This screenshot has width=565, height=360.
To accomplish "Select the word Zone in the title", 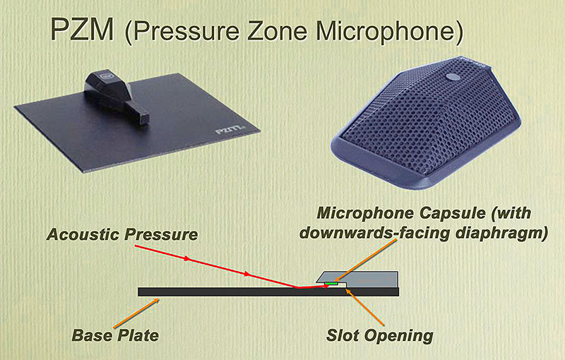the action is point(277,31).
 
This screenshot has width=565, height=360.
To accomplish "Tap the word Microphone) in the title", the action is point(389,32).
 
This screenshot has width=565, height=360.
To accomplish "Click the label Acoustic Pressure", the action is point(122,235).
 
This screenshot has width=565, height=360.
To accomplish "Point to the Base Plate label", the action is point(115,335).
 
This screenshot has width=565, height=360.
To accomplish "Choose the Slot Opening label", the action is point(379,335).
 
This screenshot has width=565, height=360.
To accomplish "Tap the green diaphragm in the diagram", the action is point(331,284).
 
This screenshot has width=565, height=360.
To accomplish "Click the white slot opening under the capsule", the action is point(336,285).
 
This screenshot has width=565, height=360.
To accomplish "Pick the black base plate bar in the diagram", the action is point(268,292).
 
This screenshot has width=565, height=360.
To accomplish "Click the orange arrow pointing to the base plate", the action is point(136,313).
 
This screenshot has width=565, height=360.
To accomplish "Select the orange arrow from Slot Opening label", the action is point(365,307).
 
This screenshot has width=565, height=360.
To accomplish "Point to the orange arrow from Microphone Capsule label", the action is point(365,260).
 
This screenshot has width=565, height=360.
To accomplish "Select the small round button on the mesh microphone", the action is point(453,77).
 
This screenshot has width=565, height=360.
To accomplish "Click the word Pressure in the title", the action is point(186,31).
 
